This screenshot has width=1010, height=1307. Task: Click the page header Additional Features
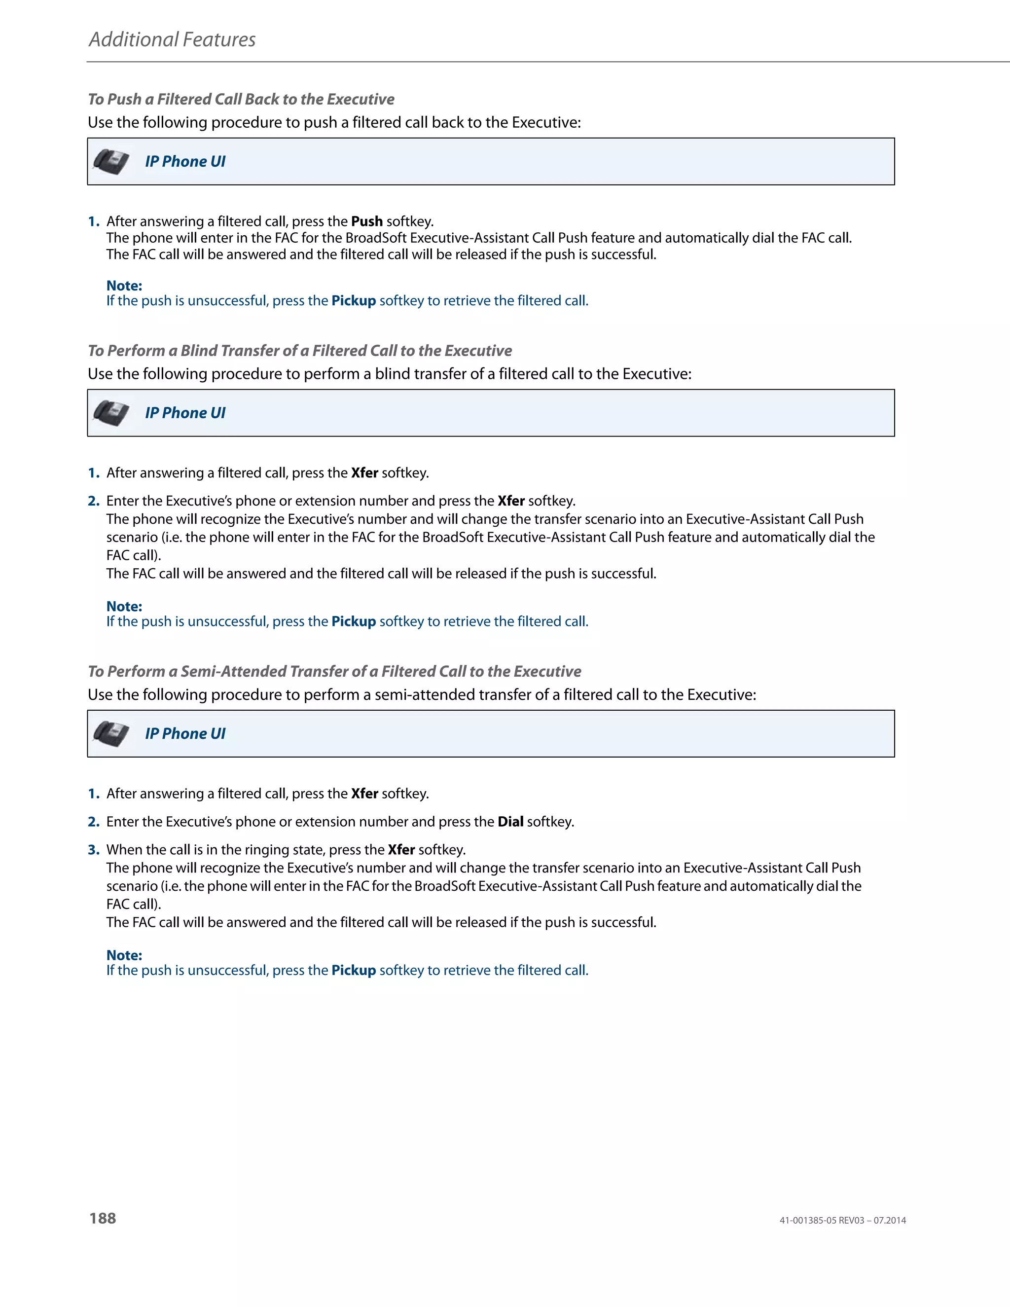tap(172, 39)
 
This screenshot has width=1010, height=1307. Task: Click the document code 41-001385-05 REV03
tap(822, 1221)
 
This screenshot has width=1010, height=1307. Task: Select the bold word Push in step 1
tap(366, 221)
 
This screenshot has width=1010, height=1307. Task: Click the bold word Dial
tap(510, 822)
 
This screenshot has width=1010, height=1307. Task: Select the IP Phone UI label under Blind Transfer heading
tap(185, 413)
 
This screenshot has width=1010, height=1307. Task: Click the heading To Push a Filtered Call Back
tap(241, 99)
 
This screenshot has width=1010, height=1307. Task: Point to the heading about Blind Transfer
tap(300, 351)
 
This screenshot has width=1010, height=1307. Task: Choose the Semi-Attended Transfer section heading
tap(334, 671)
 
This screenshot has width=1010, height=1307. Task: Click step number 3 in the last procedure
tap(93, 850)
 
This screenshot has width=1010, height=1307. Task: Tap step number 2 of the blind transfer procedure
tap(93, 501)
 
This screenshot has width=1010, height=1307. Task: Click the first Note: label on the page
tap(124, 286)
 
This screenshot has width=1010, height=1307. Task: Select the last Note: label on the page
tap(124, 955)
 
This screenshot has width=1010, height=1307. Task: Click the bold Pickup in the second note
tap(354, 622)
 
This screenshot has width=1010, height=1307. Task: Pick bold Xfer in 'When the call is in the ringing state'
tap(401, 850)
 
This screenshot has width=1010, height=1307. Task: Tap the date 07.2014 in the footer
tap(889, 1221)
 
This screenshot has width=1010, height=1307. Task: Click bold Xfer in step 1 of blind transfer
tap(364, 473)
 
